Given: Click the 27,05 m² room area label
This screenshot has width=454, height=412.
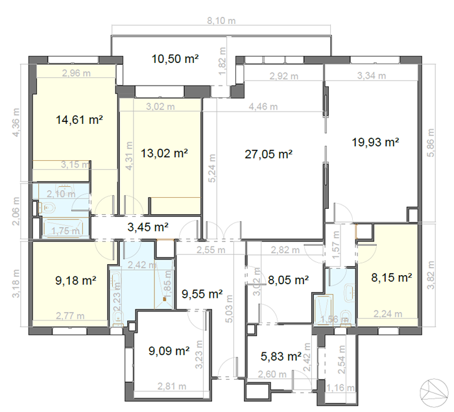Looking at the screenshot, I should pos(269,154).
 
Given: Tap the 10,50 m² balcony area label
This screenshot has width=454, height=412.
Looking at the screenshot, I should pos(174,59).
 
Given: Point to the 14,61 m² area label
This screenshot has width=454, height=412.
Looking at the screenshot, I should pos(80,119).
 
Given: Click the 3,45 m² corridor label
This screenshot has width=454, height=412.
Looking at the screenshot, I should pos(148,227).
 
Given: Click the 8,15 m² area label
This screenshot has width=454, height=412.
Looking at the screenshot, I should pos(390,278).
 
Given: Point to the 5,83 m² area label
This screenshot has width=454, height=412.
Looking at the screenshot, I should pos(280,356).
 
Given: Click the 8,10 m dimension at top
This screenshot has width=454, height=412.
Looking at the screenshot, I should pos(221,21).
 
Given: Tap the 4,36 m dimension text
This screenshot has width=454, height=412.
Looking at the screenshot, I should pos(16,123).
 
